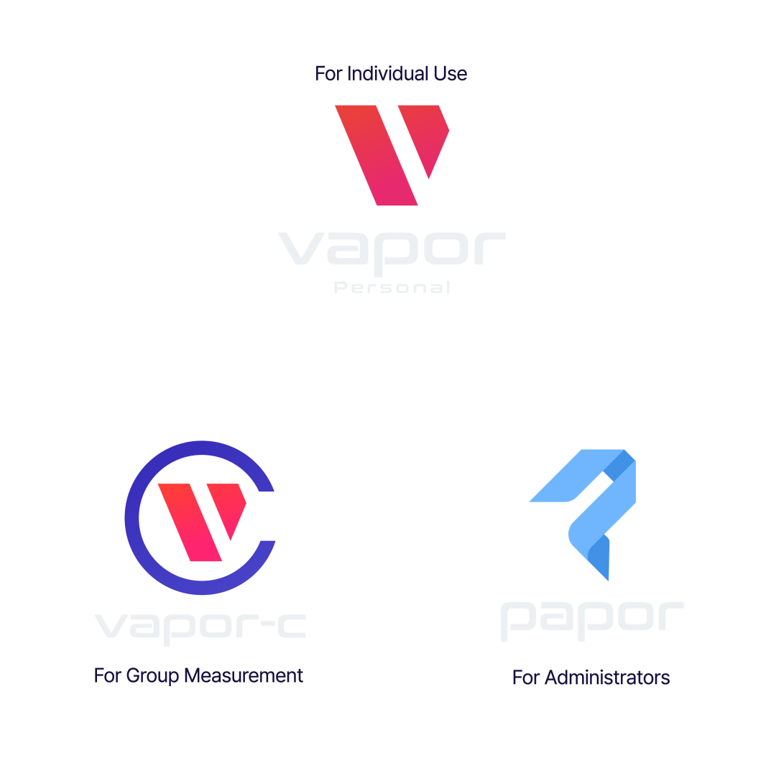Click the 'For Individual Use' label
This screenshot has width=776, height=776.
(391, 73)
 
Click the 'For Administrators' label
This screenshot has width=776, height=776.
(591, 677)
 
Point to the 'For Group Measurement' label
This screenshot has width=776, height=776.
(198, 676)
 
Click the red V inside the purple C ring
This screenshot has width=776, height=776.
(201, 519)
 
